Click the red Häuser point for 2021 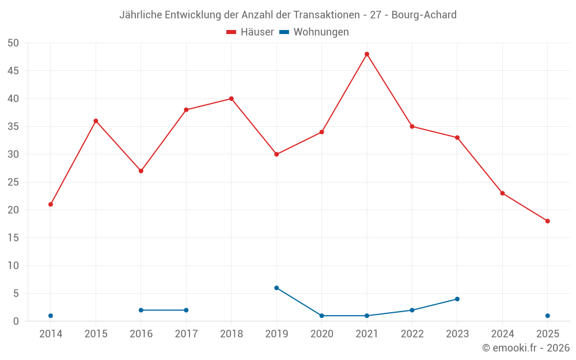click(x=367, y=54)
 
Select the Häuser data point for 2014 click(x=51, y=204)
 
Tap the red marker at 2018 click(x=232, y=98)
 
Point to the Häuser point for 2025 click(x=548, y=221)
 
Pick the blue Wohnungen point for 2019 click(x=276, y=288)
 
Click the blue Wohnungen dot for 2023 click(x=457, y=299)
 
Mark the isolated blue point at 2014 click(x=51, y=316)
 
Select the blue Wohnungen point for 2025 click(x=548, y=316)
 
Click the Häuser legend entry click(x=250, y=32)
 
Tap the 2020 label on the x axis click(x=321, y=334)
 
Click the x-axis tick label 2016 click(x=141, y=334)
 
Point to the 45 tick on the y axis click(x=13, y=71)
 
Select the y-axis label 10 click(x=13, y=266)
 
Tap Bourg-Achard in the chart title click(x=424, y=15)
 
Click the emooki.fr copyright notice click(x=526, y=348)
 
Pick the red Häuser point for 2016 click(x=141, y=171)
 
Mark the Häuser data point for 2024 click(x=502, y=194)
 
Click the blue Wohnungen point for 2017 click(x=186, y=310)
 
